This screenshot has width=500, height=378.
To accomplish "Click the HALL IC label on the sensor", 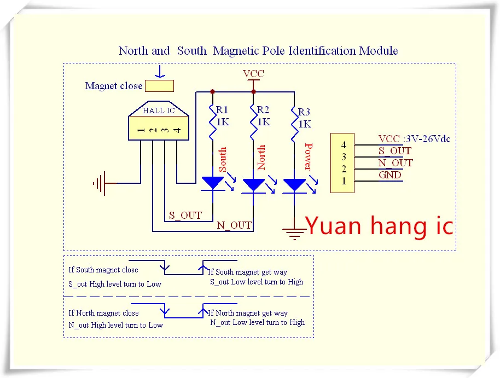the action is pyautogui.click(x=159, y=111).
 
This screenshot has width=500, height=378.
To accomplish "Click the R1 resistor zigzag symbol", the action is pyautogui.click(x=212, y=122).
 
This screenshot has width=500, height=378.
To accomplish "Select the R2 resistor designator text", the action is pyautogui.click(x=263, y=110).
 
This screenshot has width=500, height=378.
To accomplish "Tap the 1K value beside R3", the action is pyautogui.click(x=305, y=124).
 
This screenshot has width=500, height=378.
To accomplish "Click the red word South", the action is pyautogui.click(x=222, y=159).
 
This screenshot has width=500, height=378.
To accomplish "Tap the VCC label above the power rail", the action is pyautogui.click(x=253, y=74).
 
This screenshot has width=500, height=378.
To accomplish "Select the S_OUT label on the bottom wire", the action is pyautogui.click(x=185, y=216).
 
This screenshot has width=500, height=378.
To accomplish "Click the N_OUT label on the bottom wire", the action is pyautogui.click(x=234, y=225).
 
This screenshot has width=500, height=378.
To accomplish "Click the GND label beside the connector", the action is pyautogui.click(x=389, y=175).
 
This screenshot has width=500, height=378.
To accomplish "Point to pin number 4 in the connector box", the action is pyautogui.click(x=344, y=145).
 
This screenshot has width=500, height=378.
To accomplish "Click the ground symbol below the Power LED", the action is pyautogui.click(x=294, y=234).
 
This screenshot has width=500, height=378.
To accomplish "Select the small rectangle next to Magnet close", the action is pyautogui.click(x=159, y=86).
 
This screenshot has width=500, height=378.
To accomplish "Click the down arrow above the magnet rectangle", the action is pyautogui.click(x=160, y=72).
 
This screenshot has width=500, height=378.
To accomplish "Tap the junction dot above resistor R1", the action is pyautogui.click(x=212, y=92).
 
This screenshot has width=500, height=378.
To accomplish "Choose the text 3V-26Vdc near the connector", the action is pyautogui.click(x=428, y=139).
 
